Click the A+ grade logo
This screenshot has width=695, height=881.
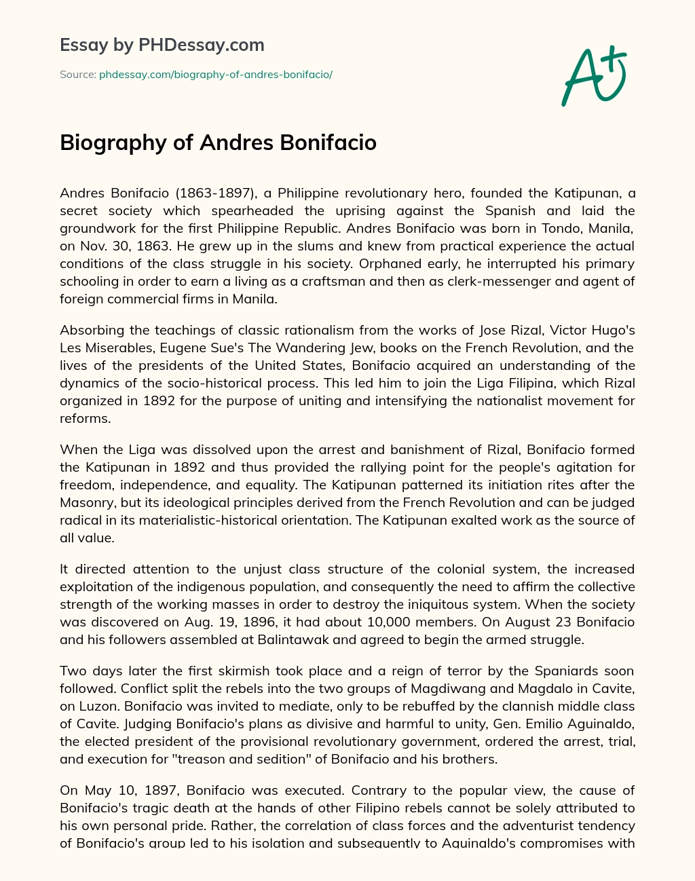tap(593, 76)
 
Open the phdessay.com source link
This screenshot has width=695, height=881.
tap(216, 75)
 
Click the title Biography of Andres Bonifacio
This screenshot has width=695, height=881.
tap(218, 143)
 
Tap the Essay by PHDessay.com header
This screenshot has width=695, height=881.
tap(162, 45)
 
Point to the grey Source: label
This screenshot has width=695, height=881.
tap(78, 75)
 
